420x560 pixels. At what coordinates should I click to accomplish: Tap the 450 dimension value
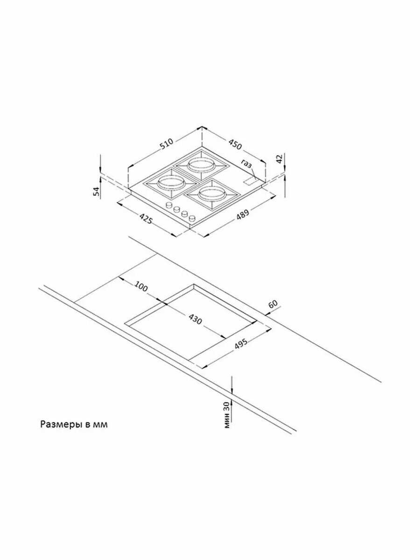(235, 144)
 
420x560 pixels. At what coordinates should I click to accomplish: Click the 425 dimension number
(146, 217)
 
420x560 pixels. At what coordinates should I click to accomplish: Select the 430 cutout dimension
(196, 319)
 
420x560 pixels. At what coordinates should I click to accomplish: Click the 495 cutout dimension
(240, 344)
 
